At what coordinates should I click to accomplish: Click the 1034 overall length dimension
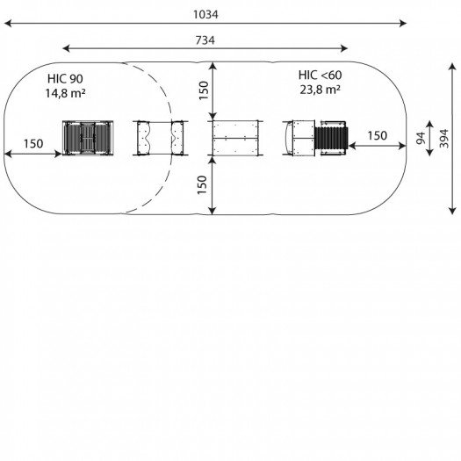pyautogui.click(x=205, y=14)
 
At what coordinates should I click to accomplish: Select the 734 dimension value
pyautogui.click(x=205, y=40)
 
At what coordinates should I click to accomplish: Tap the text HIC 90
pyautogui.click(x=65, y=79)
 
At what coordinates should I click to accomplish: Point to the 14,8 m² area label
pyautogui.click(x=65, y=93)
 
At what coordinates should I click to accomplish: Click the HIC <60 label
pyautogui.click(x=321, y=76)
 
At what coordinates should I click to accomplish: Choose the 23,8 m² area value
pyautogui.click(x=321, y=90)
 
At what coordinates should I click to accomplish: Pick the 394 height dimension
pyautogui.click(x=444, y=139)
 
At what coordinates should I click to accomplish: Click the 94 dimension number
pyautogui.click(x=421, y=138)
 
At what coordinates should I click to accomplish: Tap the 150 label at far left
pyautogui.click(x=33, y=144)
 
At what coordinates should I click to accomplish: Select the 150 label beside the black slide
pyautogui.click(x=378, y=136)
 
